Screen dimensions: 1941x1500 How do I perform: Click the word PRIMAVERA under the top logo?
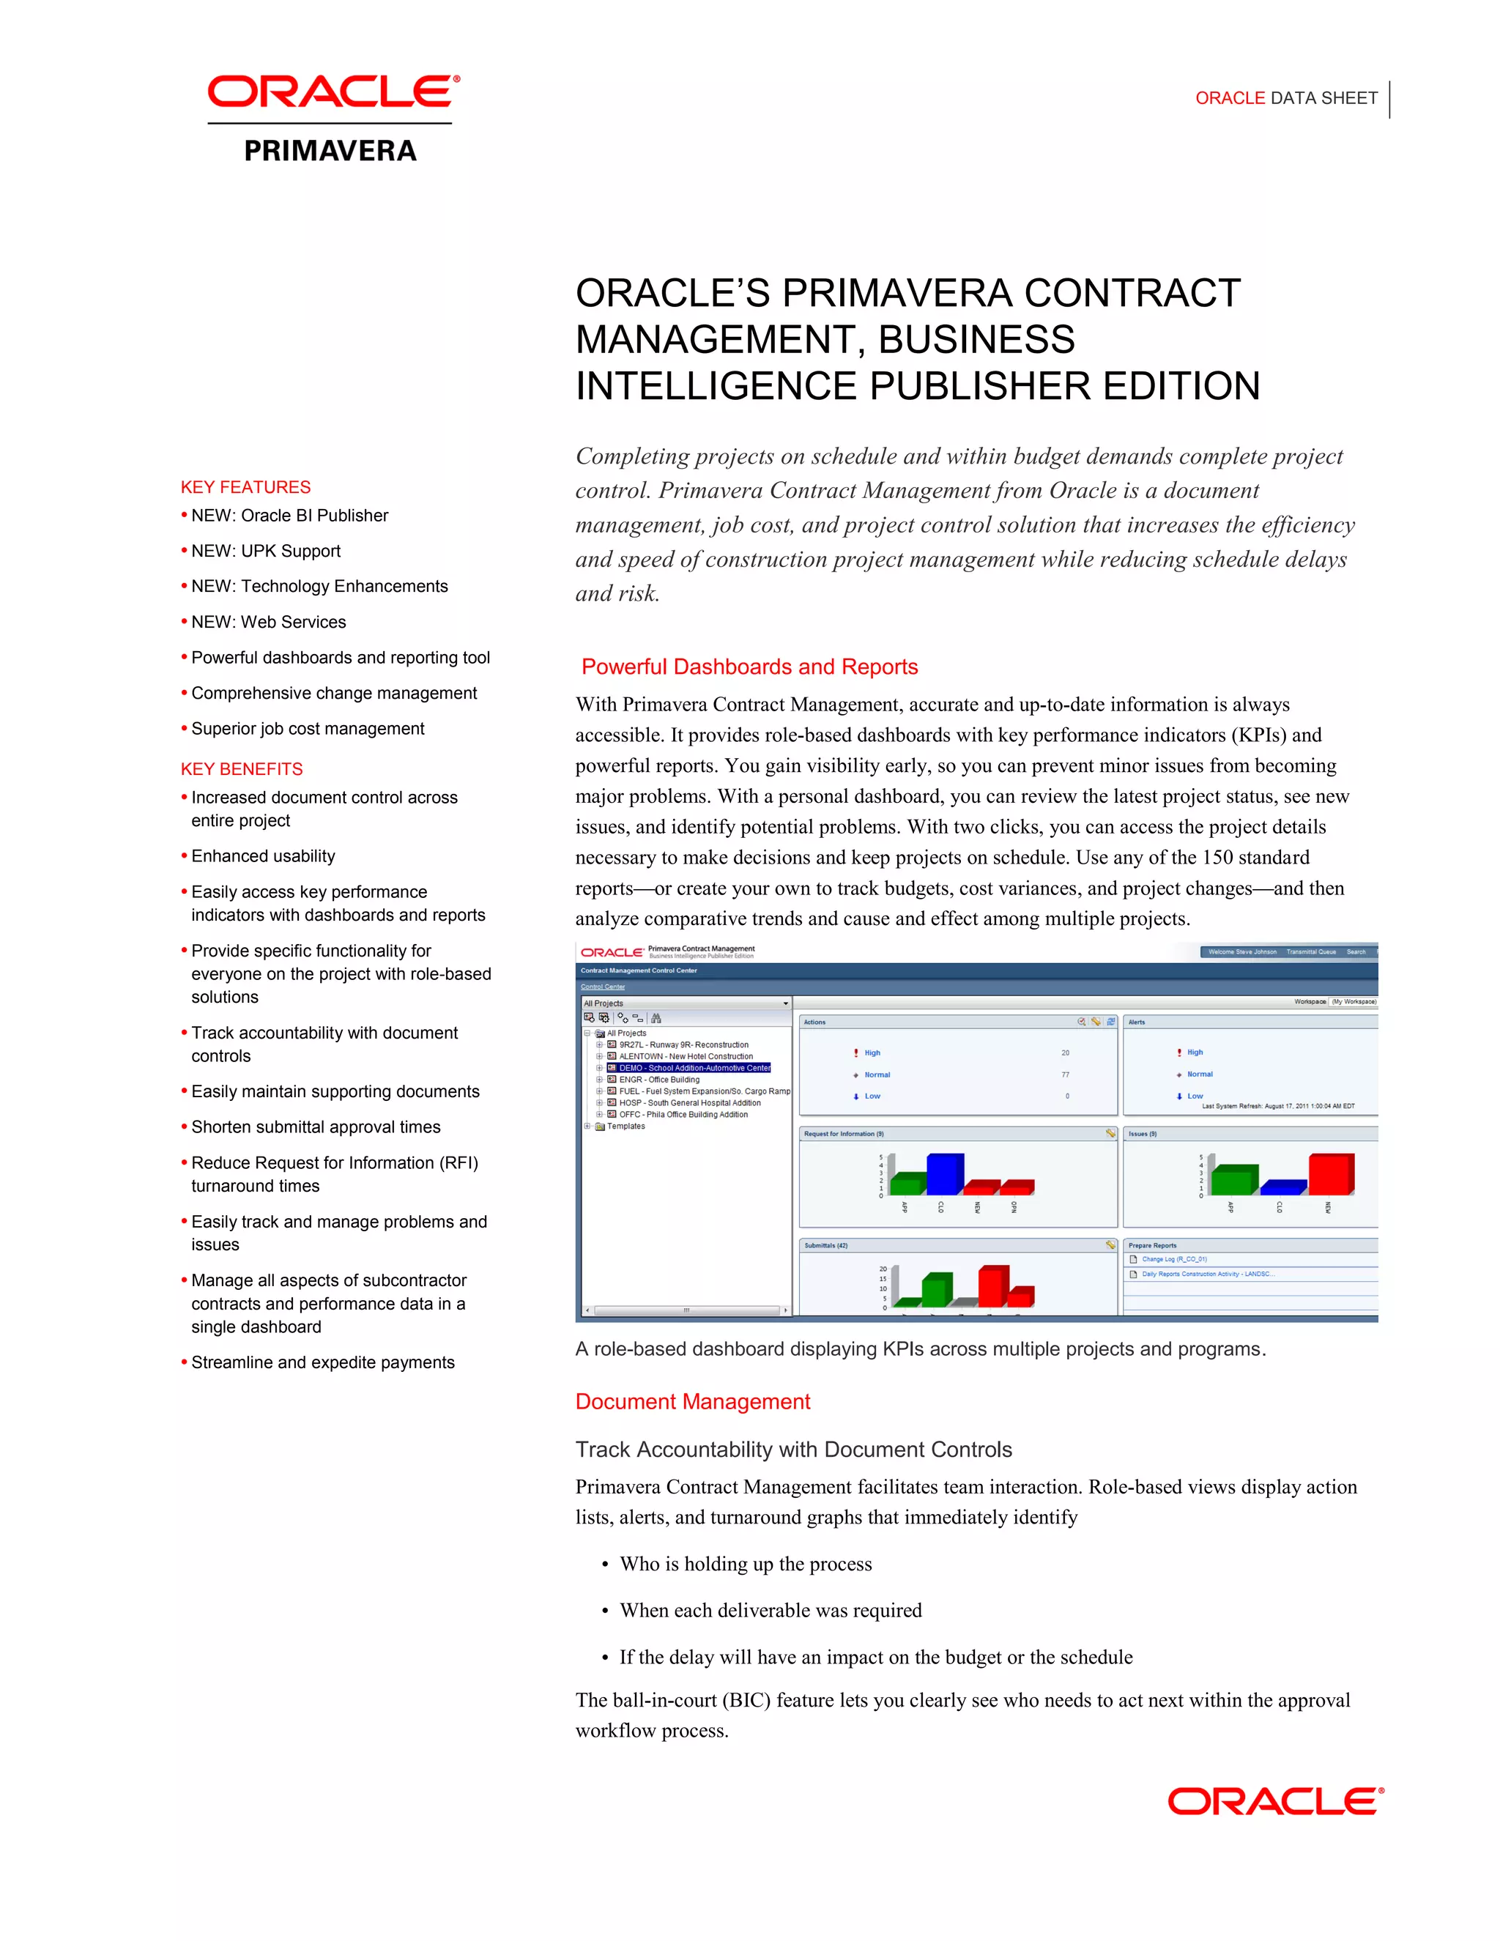(x=330, y=151)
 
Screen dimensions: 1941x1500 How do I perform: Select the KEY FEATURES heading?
(x=245, y=487)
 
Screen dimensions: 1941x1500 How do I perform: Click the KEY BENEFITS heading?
(x=242, y=769)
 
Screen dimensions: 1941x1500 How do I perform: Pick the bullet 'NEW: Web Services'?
(x=268, y=622)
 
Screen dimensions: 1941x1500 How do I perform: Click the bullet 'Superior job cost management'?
(x=308, y=729)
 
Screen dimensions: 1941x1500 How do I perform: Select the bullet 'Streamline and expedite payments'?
(x=322, y=1362)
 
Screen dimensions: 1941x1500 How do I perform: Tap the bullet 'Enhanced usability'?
(x=263, y=856)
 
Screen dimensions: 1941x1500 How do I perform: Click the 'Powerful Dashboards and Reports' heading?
(x=749, y=667)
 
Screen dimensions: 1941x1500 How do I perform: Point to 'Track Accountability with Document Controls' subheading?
(x=792, y=1450)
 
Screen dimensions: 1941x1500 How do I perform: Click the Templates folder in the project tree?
(x=625, y=1126)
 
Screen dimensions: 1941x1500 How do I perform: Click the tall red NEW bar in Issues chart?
(x=1329, y=1174)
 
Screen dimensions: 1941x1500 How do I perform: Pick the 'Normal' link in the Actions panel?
(x=877, y=1075)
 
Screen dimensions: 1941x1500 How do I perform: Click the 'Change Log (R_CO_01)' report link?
(x=1174, y=1259)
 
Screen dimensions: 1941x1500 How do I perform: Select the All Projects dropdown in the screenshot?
(x=685, y=1003)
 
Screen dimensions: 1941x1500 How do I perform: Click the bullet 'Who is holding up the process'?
(x=745, y=1565)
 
